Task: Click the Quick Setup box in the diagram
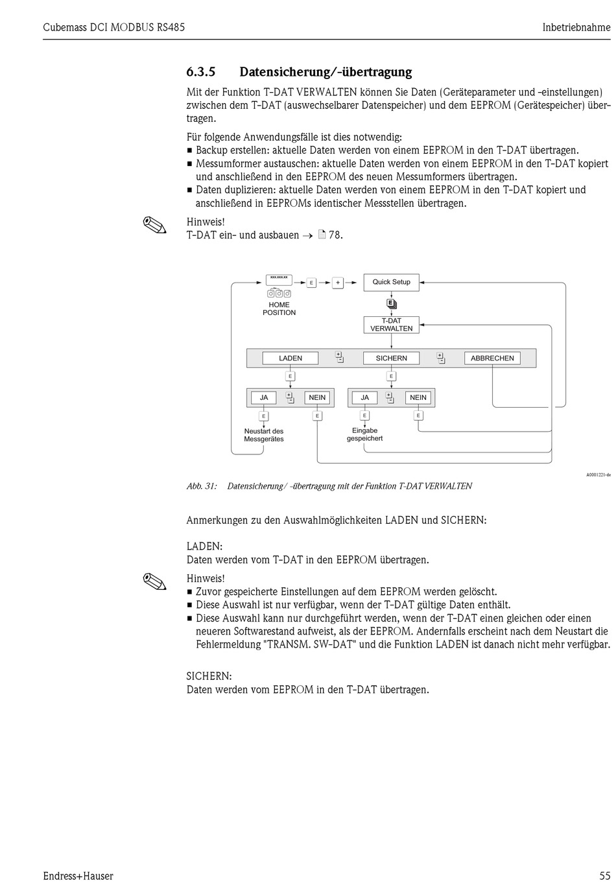coord(391,282)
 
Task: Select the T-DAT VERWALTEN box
coord(391,325)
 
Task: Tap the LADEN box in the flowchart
coord(290,358)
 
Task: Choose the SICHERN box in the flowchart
coord(391,358)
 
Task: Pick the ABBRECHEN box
coord(492,358)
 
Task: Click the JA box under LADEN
coord(264,398)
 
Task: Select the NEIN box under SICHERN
coord(418,398)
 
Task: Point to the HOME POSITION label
coord(279,309)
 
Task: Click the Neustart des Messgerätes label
coord(264,436)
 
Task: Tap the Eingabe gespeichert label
coord(364,435)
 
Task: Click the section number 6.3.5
coord(200,72)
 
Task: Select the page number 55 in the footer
coord(604,876)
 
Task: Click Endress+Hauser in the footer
coord(78,876)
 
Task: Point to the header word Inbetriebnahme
coord(576,27)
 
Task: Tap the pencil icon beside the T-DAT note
coord(154,226)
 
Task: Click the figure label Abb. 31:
coord(202,486)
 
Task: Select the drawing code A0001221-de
coord(598,475)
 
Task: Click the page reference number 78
coord(335,235)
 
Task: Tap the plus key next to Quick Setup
coord(338,283)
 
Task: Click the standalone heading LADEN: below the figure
coord(204,546)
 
